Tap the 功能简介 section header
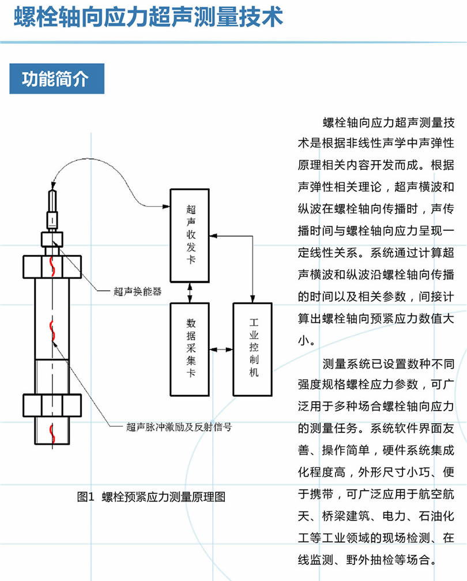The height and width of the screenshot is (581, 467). coord(56,79)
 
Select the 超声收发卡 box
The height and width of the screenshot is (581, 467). coord(191,235)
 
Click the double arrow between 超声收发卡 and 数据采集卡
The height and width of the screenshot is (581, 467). coord(191,292)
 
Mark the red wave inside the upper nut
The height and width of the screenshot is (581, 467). coord(52,265)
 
